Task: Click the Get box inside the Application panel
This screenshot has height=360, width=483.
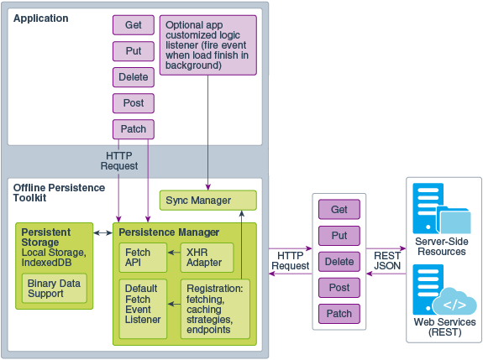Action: [134, 25]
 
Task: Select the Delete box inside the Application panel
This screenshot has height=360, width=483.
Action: [134, 77]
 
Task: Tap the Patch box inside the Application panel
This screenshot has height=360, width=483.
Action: [134, 129]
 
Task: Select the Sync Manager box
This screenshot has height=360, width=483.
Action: [207, 201]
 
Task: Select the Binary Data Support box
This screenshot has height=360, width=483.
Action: [54, 289]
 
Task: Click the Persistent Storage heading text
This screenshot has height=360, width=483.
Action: [45, 237]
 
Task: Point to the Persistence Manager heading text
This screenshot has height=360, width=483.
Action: [169, 232]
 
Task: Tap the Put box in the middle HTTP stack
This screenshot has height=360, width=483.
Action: [339, 235]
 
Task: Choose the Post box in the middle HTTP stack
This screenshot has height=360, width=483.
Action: [339, 287]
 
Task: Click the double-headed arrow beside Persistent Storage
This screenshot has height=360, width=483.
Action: [103, 232]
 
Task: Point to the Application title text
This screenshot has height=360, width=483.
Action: [41, 18]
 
